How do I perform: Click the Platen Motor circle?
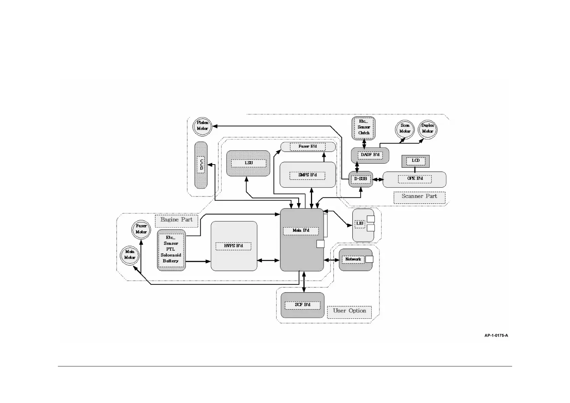click(x=202, y=126)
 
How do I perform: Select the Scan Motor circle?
click(x=405, y=129)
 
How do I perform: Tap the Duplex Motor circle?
click(x=427, y=129)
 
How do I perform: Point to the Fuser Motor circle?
click(x=141, y=229)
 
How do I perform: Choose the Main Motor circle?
click(x=130, y=255)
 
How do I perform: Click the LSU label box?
click(x=248, y=163)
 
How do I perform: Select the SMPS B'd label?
click(x=307, y=175)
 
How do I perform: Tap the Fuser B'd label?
click(x=308, y=147)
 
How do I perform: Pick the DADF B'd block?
click(x=370, y=155)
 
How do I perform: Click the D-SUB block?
click(x=360, y=179)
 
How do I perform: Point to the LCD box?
click(x=415, y=161)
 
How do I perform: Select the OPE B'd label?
click(x=415, y=179)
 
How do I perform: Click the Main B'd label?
click(x=301, y=231)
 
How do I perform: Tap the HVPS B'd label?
click(x=233, y=246)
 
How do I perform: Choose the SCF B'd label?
click(x=302, y=305)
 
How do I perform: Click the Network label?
click(x=353, y=259)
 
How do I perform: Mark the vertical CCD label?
click(x=201, y=165)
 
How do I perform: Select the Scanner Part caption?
click(x=419, y=196)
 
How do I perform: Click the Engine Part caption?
click(x=176, y=220)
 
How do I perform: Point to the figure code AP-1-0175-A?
click(x=496, y=336)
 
